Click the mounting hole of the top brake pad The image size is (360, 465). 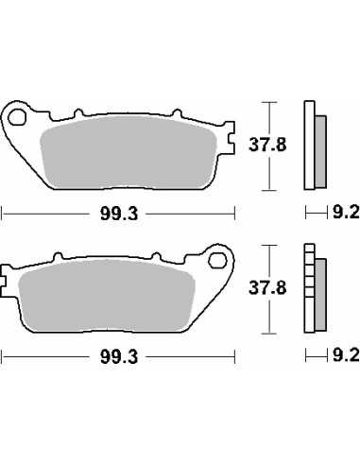(17, 117)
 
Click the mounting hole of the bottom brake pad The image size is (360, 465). (217, 261)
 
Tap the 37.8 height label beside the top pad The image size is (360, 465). (267, 145)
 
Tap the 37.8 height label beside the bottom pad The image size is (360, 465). (267, 288)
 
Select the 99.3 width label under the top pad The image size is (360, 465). (119, 215)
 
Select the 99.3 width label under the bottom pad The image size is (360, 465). (119, 357)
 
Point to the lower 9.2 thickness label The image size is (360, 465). (346, 356)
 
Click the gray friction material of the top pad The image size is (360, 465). (129, 153)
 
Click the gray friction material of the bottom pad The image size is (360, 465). (107, 296)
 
